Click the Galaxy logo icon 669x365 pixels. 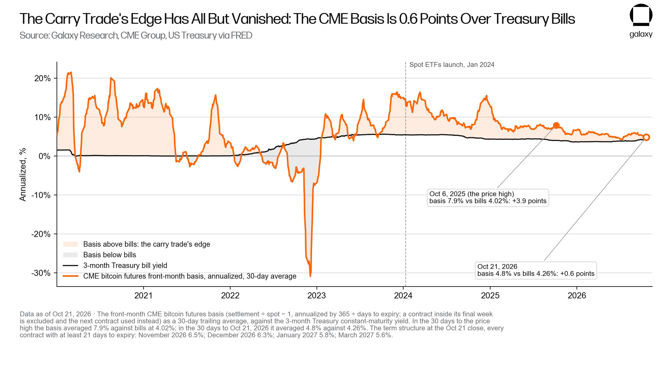point(641,15)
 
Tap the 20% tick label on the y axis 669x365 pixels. point(42,78)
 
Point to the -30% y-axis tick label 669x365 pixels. point(41,273)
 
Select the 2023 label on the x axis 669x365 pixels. point(317,295)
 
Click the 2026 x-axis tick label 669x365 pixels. point(577,295)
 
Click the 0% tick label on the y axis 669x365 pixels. point(44,156)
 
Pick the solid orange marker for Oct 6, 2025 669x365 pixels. point(556,125)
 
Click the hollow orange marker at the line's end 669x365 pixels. point(646,137)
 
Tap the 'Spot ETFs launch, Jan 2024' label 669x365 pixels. point(452,65)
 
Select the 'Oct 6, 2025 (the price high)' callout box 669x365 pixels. point(488,198)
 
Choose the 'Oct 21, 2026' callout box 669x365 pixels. point(536,270)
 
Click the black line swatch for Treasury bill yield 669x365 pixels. point(71,266)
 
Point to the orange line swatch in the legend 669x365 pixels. point(71,276)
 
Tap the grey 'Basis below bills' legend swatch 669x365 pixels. point(71,255)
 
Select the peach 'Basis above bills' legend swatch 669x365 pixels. point(71,244)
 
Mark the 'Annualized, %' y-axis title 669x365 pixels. point(23,175)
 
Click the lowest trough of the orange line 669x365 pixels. point(310,276)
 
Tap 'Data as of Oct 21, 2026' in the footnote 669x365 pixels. point(55,314)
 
